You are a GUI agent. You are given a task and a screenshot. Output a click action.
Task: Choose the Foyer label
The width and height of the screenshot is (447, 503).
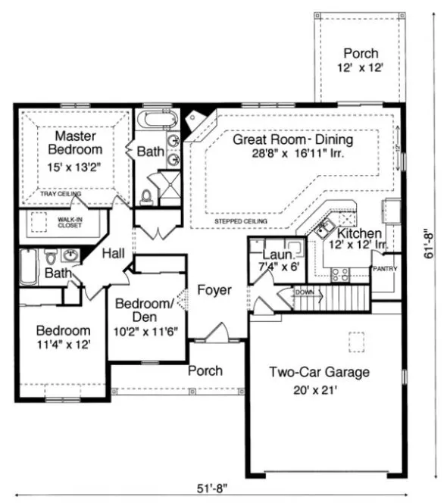(x=214, y=290)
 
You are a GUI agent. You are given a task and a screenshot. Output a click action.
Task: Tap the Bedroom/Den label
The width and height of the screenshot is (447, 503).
(x=145, y=310)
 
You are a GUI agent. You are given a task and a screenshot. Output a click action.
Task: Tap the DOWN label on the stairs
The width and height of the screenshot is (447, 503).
(x=305, y=292)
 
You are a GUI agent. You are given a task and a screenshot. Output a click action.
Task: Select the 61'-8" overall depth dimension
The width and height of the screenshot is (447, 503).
(x=430, y=245)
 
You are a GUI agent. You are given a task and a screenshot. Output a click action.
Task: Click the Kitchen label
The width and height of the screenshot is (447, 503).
(x=355, y=234)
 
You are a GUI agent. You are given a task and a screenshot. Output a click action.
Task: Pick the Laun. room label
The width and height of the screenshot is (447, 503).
(x=274, y=256)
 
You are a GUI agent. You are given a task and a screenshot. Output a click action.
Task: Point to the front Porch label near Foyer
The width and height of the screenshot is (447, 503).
(x=205, y=370)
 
